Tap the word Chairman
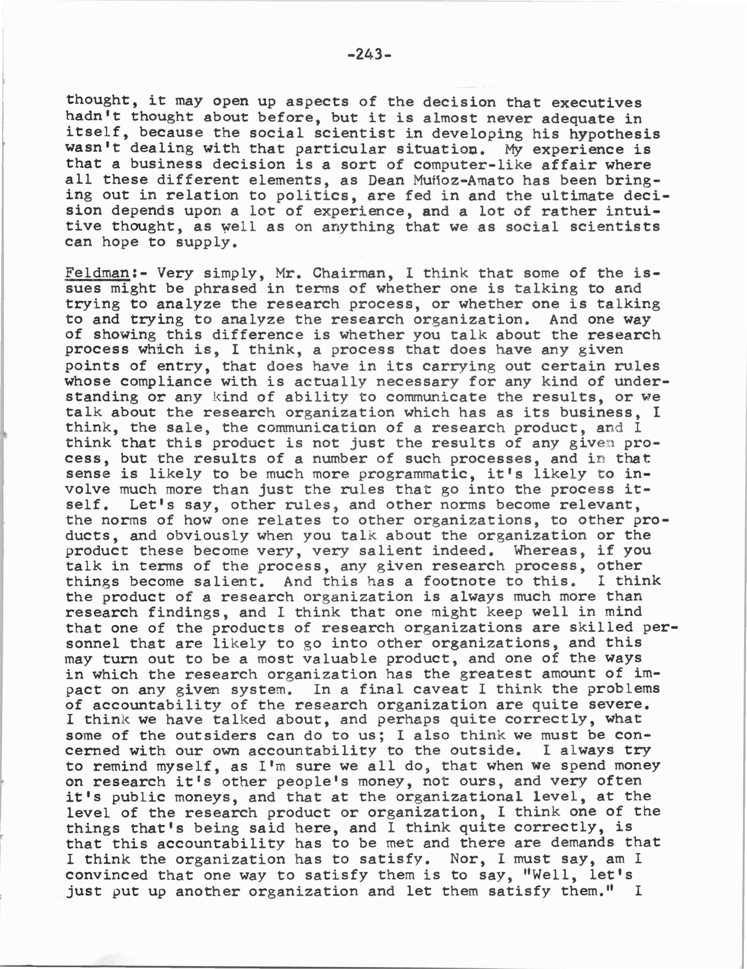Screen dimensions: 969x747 [x=349, y=273]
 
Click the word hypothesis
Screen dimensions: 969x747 [x=615, y=134]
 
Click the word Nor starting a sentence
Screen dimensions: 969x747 [x=464, y=859]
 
